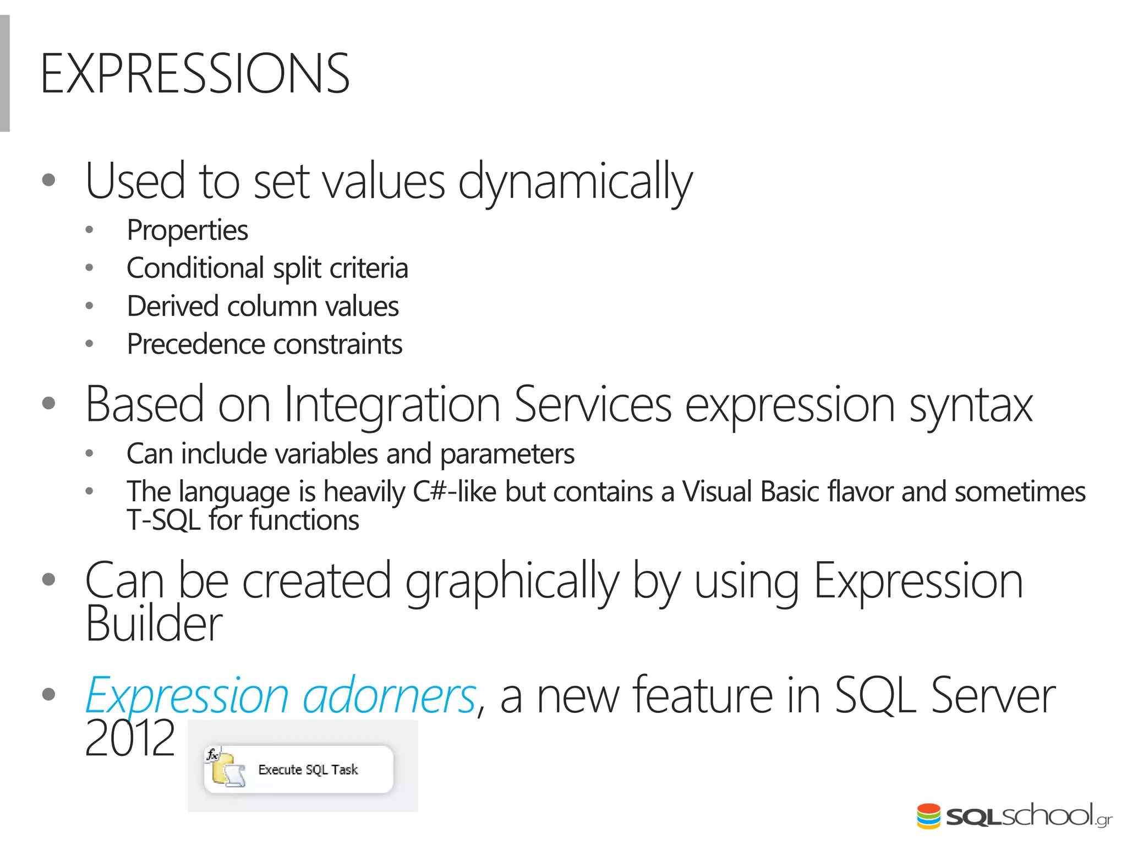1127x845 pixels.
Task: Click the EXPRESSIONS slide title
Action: click(195, 74)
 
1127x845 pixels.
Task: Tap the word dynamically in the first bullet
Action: click(575, 182)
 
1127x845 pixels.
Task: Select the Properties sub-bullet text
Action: click(187, 230)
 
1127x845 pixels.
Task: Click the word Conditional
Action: click(195, 268)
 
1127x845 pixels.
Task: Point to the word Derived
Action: click(173, 306)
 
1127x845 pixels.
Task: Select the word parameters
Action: click(507, 455)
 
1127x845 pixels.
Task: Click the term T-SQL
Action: click(163, 520)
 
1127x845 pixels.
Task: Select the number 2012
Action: click(130, 739)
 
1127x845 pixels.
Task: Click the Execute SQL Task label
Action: click(308, 770)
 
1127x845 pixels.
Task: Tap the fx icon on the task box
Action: click(212, 754)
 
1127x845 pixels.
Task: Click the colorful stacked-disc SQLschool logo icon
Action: click(928, 816)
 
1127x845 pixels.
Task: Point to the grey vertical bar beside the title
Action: click(5, 74)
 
